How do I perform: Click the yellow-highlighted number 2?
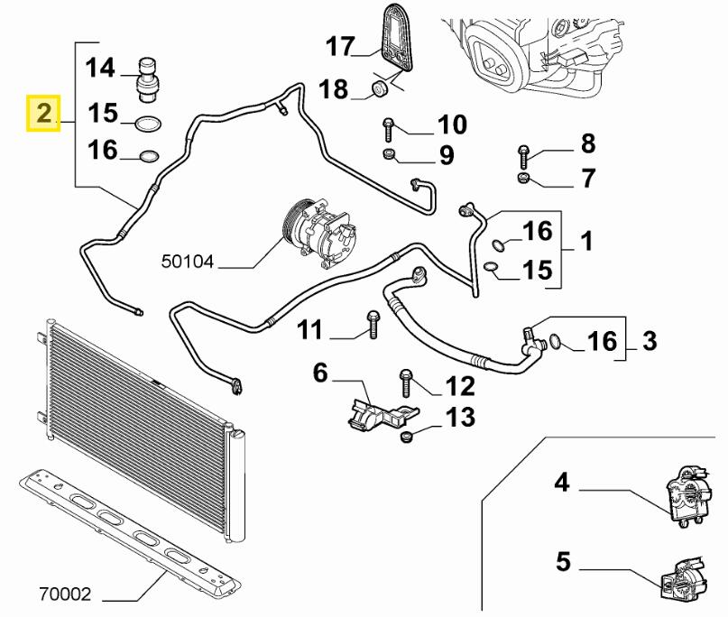tap(43, 114)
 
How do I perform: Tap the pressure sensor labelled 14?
tap(148, 80)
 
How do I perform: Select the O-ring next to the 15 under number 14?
tap(148, 124)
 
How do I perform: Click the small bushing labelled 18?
tap(382, 88)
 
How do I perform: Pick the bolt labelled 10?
tap(388, 130)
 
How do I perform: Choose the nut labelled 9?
tap(389, 153)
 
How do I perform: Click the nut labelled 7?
tap(523, 178)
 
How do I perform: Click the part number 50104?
tap(187, 262)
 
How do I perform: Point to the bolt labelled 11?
tap(373, 325)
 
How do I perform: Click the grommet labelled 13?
tap(407, 437)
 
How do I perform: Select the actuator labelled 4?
tap(687, 496)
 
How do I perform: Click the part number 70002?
tap(65, 594)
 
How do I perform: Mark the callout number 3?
tap(650, 341)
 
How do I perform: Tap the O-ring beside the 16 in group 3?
tap(556, 341)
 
